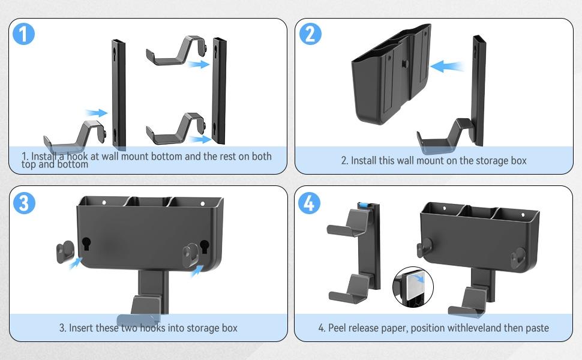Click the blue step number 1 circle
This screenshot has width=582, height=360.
[x=23, y=34]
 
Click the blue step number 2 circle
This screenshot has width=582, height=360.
[x=310, y=34]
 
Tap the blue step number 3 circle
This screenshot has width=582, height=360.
[x=23, y=203]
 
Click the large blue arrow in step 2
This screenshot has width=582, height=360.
[x=448, y=65]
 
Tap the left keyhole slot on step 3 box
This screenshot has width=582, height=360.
[x=86, y=244]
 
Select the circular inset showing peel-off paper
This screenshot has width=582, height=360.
[x=413, y=287]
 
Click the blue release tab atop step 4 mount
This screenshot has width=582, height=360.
[x=362, y=206]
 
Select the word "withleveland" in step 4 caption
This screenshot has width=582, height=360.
[x=469, y=328]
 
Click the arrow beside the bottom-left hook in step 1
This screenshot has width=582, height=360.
[x=95, y=112]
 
